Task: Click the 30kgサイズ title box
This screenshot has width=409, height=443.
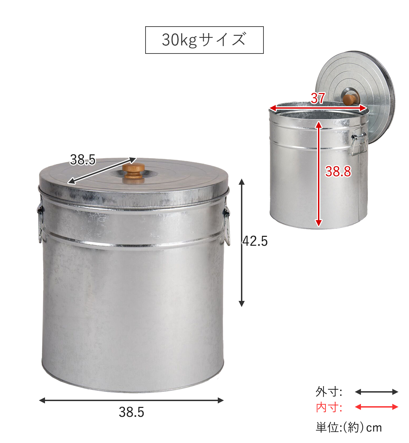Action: (204, 40)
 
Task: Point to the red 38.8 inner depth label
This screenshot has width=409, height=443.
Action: (338, 171)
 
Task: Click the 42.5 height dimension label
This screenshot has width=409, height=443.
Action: (255, 241)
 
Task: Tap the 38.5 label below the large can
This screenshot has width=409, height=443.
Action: (132, 412)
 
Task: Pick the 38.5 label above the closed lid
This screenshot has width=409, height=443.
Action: (83, 159)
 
